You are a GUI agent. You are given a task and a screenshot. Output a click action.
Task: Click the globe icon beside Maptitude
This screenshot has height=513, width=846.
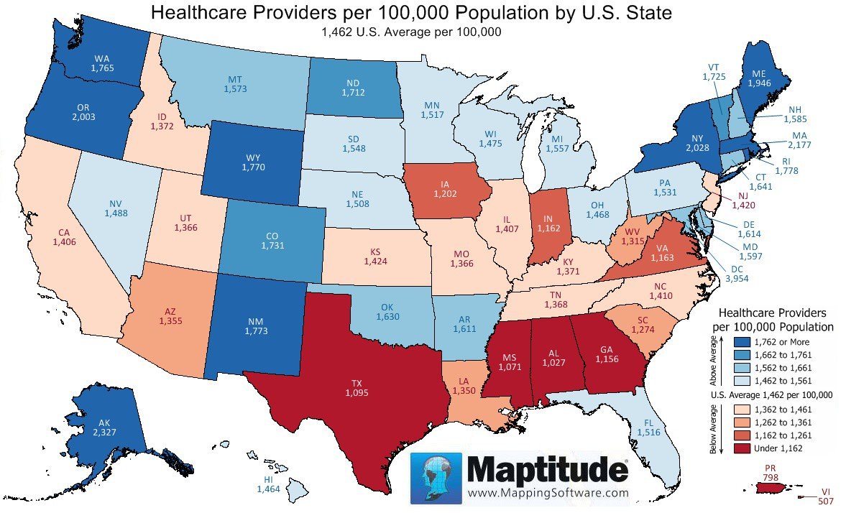pyautogui.click(x=436, y=478)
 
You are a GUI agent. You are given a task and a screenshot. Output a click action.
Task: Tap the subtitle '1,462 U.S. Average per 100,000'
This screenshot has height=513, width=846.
pyautogui.click(x=411, y=32)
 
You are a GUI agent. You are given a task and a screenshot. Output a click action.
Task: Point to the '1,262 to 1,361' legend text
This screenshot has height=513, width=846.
pyautogui.click(x=778, y=422)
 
